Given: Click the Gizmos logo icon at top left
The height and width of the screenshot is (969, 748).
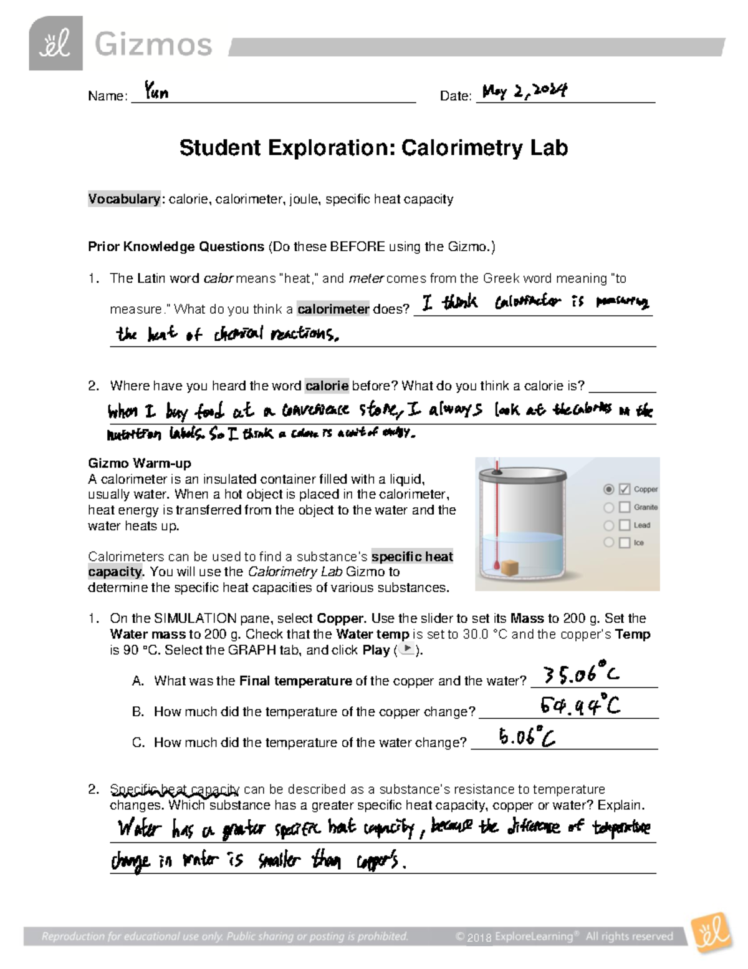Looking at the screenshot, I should coord(55,44).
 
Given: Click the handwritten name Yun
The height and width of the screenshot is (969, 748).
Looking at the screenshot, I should coord(156,92).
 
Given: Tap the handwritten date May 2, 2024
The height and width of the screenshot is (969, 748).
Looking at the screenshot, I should coord(524,92).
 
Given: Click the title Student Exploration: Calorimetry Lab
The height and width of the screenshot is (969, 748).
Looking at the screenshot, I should coord(373,148).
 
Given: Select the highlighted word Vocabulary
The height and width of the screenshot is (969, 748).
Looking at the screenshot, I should coord(124,199).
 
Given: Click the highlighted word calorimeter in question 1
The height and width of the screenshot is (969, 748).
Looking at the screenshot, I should coord(333,309).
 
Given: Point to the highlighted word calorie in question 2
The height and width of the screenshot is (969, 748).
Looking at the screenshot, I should coord(327,386).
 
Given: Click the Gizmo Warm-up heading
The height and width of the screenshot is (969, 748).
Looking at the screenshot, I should coord(140,463).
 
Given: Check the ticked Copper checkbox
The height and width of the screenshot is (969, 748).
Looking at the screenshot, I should coord(624,490).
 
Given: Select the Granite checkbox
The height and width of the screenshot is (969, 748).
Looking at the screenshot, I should coord(624,508).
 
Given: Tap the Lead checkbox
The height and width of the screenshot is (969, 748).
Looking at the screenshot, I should coord(624,525).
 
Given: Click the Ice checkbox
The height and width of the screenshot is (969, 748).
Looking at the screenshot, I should coord(624,543).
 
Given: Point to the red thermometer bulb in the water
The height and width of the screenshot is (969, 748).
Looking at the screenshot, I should coord(496,566).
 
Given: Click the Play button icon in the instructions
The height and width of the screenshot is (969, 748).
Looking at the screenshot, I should coord(407,650).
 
